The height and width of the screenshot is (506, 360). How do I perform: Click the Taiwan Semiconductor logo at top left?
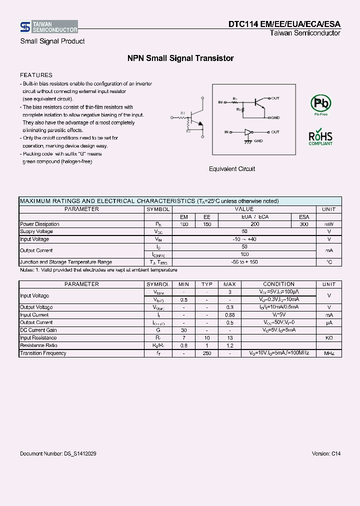click(x=48, y=27)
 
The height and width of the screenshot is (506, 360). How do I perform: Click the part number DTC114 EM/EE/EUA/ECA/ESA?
click(x=284, y=24)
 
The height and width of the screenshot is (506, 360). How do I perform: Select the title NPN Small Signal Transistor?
click(x=180, y=58)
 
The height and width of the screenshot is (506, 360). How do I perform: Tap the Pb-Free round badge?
click(x=320, y=104)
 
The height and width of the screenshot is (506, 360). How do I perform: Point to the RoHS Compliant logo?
click(x=320, y=137)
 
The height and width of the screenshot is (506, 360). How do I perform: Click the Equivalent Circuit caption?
click(x=232, y=169)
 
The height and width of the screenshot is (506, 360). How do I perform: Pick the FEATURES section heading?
click(x=36, y=75)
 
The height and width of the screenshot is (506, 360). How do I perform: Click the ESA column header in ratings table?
click(x=304, y=217)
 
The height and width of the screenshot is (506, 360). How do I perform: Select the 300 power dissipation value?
click(x=304, y=224)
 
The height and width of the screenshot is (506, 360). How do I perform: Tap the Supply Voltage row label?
click(x=36, y=232)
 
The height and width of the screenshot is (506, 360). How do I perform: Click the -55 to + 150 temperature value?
click(x=244, y=262)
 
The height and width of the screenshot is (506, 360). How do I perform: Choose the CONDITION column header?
click(x=278, y=284)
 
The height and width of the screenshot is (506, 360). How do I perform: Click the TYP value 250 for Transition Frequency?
click(x=207, y=353)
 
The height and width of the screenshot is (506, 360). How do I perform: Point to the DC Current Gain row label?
click(x=38, y=330)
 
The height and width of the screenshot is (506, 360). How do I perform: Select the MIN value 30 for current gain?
click(x=184, y=330)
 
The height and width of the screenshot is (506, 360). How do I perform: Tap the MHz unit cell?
click(x=329, y=353)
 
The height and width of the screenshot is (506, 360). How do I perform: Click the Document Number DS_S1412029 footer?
click(x=58, y=453)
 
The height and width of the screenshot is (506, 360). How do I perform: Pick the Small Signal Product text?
click(x=52, y=41)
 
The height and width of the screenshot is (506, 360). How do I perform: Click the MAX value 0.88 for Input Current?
click(x=229, y=315)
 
